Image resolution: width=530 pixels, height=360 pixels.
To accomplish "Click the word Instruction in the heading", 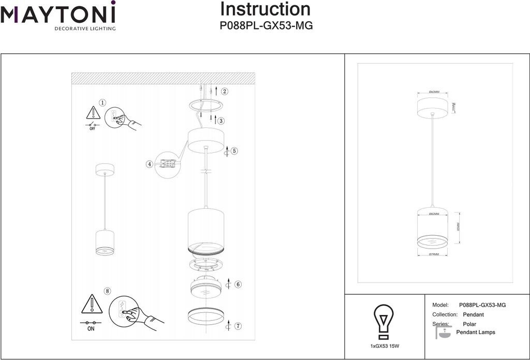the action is coord(265,9).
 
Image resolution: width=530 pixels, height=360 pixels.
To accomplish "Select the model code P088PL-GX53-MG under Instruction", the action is coord(266,25).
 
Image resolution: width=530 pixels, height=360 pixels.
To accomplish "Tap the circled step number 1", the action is coord(102,104).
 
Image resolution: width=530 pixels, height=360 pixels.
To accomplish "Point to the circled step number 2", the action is coord(224,92).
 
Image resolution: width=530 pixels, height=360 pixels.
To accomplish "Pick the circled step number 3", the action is coord(220,121).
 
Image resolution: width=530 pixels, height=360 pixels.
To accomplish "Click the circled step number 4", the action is coord(150,164).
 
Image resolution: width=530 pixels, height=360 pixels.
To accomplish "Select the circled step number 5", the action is coord(234,151).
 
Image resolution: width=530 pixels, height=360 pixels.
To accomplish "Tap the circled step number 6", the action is coord(238,284).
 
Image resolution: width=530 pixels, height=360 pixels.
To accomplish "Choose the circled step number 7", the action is coord(238,326).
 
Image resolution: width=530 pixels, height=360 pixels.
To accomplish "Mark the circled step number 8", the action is coord(107,291).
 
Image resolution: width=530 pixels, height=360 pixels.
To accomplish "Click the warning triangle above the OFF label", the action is coord(93,113).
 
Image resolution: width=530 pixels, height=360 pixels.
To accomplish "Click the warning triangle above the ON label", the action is coord(92,305).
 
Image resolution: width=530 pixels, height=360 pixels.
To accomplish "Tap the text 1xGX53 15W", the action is coord(385,345).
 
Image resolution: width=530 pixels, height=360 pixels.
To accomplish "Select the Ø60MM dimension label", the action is coord(434,92).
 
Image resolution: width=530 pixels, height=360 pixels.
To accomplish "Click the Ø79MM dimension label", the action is coord(433,254).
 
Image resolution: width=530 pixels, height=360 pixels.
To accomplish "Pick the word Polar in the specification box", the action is coord(469,324).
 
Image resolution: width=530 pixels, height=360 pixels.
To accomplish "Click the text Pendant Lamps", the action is coord(475,333).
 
